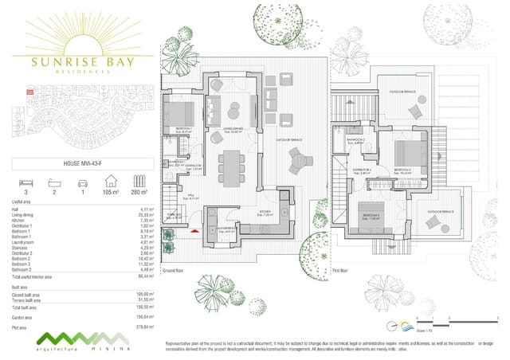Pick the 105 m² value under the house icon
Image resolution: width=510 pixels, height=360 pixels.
[110, 193]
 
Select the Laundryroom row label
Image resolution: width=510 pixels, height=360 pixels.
[29, 242]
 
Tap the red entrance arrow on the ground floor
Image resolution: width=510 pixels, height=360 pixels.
[193, 232]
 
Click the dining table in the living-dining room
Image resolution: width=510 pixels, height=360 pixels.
[231, 165]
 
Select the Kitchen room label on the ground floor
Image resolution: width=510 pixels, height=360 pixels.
[265, 213]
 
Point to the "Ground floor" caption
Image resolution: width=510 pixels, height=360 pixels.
[173, 271]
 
